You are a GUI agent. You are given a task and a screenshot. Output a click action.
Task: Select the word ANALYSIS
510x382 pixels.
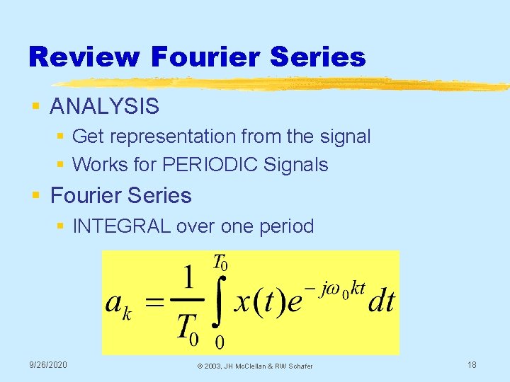tap(105, 107)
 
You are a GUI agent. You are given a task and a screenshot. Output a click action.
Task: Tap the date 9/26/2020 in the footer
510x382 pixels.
tap(48, 364)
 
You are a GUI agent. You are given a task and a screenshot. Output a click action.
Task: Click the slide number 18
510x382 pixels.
tap(472, 364)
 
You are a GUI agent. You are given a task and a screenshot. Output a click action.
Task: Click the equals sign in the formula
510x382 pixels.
tap(157, 303)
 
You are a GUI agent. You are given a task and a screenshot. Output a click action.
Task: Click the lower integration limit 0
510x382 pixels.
tap(220, 343)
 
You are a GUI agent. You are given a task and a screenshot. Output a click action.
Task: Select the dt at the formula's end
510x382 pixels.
tap(381, 302)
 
